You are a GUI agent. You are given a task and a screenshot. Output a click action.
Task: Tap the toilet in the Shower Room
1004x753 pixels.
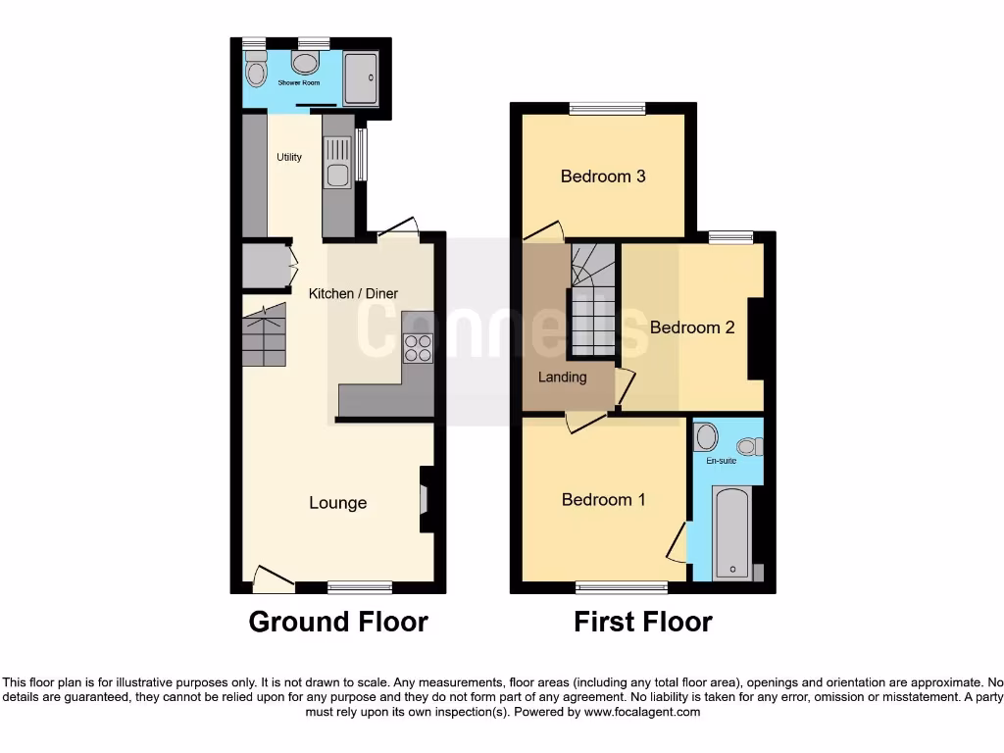click(x=256, y=70)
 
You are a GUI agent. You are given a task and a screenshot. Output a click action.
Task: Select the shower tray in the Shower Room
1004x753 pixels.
click(x=361, y=76)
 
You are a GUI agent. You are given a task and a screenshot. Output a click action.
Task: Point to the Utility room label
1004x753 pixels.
click(x=289, y=157)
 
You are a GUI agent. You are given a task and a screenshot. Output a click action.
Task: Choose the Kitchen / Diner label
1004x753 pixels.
click(x=354, y=293)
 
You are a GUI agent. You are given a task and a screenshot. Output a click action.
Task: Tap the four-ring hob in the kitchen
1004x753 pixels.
click(x=419, y=347)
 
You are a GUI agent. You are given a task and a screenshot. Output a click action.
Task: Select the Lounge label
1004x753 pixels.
click(x=337, y=503)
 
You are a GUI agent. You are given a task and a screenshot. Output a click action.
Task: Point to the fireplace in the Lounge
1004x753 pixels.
click(x=426, y=500)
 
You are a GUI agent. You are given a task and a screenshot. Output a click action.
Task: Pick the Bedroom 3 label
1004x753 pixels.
click(x=602, y=176)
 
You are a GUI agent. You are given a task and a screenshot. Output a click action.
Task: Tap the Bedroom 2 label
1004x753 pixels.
click(x=692, y=327)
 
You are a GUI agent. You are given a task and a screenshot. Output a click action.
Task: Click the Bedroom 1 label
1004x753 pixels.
click(x=603, y=500)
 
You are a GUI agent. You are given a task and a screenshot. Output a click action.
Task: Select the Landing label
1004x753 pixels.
click(x=563, y=376)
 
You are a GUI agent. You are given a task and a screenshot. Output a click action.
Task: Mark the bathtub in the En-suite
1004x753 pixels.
click(x=731, y=534)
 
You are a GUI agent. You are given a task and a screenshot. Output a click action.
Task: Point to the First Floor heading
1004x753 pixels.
click(x=642, y=622)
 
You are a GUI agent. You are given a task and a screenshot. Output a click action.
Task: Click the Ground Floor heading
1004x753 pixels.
click(x=338, y=622)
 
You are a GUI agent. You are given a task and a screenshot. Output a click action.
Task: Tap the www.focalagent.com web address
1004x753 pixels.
click(x=642, y=712)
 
